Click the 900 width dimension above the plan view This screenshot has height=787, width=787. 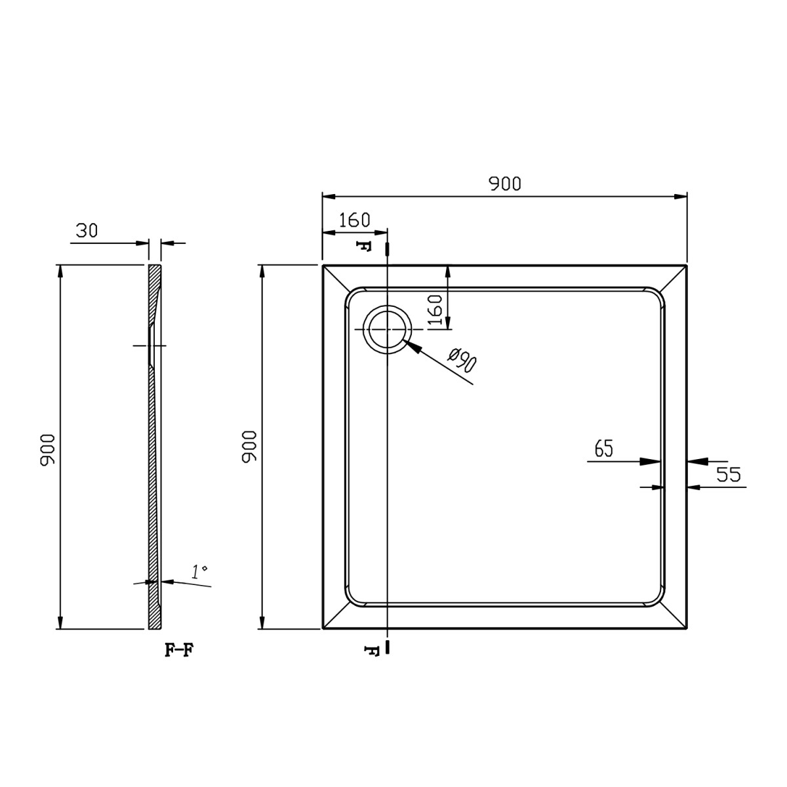click(505, 184)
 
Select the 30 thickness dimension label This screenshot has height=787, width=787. click(87, 231)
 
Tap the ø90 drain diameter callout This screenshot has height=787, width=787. click(462, 360)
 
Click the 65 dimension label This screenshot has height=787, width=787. click(604, 448)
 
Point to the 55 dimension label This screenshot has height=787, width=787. click(729, 474)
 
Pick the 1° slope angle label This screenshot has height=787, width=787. click(200, 572)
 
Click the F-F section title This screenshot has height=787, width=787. click(179, 650)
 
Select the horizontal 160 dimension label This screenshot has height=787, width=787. click(355, 220)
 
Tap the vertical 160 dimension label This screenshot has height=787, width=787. click(435, 310)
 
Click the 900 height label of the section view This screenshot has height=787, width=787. click(47, 450)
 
